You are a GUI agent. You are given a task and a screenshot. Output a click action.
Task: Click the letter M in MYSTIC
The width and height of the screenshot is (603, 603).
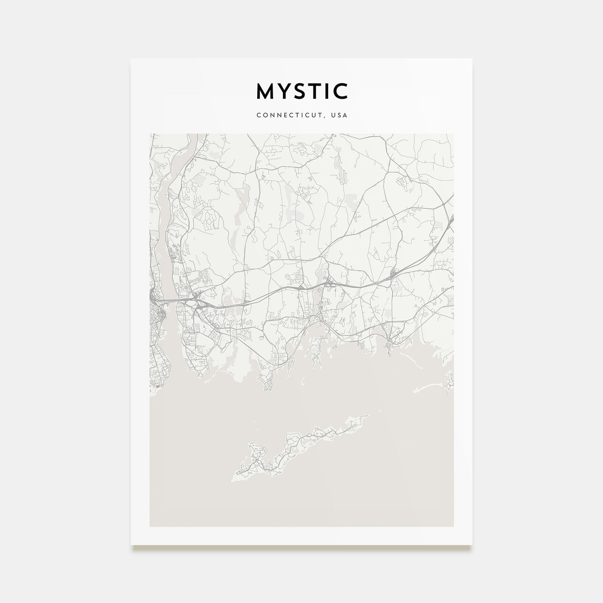265,91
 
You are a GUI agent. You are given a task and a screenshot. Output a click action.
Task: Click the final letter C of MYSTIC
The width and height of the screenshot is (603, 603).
341,91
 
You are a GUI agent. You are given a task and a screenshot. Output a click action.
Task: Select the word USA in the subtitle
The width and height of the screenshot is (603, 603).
339,115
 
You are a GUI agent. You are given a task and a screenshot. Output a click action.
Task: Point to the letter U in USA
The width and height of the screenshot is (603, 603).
334,115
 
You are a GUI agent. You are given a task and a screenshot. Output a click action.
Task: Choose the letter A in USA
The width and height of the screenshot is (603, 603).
345,115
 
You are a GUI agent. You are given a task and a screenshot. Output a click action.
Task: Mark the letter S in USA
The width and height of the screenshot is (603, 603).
339,115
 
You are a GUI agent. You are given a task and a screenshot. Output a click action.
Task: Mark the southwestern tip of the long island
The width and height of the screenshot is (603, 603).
233,480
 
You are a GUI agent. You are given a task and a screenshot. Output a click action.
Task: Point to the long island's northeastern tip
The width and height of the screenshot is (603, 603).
368,416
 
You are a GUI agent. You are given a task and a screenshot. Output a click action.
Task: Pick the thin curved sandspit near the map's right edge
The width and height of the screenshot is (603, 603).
431,388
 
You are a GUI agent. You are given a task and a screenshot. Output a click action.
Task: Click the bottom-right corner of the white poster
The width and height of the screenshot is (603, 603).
472,545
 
